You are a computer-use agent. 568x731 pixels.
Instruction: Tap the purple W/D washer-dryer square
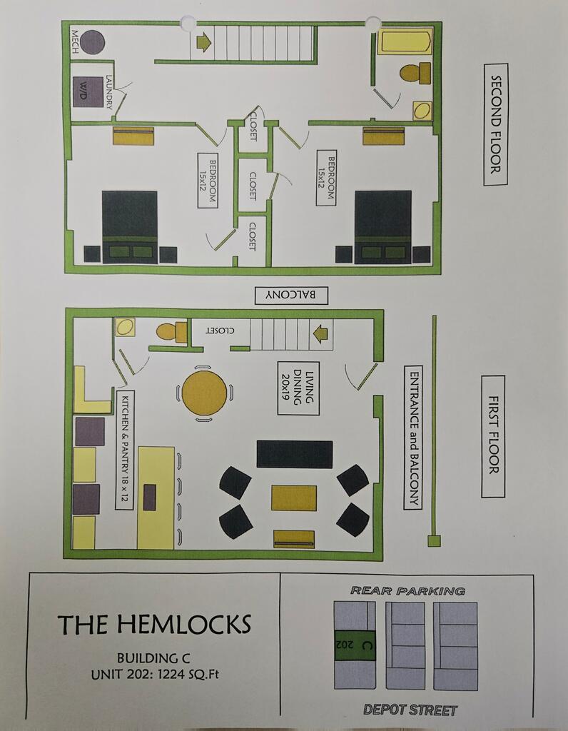(x=88, y=92)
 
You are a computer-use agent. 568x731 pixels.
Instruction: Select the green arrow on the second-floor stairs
(x=203, y=42)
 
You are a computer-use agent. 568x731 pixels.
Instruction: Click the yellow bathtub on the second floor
(x=405, y=41)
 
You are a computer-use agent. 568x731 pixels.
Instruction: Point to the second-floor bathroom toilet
(x=415, y=74)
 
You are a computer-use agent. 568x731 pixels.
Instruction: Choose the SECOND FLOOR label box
(x=495, y=124)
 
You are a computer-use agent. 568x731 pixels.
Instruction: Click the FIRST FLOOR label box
(x=493, y=436)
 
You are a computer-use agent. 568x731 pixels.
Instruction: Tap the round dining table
(x=204, y=393)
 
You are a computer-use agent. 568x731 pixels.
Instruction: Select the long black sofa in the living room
(x=295, y=454)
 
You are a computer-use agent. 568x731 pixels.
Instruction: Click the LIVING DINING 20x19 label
(x=298, y=388)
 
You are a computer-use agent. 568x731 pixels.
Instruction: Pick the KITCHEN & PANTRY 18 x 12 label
(x=124, y=450)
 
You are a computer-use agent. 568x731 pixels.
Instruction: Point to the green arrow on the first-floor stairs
(x=320, y=334)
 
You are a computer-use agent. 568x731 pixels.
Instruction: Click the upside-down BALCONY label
(x=291, y=295)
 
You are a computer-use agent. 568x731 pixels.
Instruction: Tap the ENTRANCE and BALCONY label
(x=413, y=438)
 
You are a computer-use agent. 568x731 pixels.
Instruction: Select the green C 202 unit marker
(x=355, y=645)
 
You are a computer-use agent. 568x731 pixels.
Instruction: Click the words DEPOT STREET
(x=410, y=710)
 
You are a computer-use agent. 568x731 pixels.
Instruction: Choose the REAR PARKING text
(x=407, y=591)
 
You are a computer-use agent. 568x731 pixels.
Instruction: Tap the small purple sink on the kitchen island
(x=150, y=498)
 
